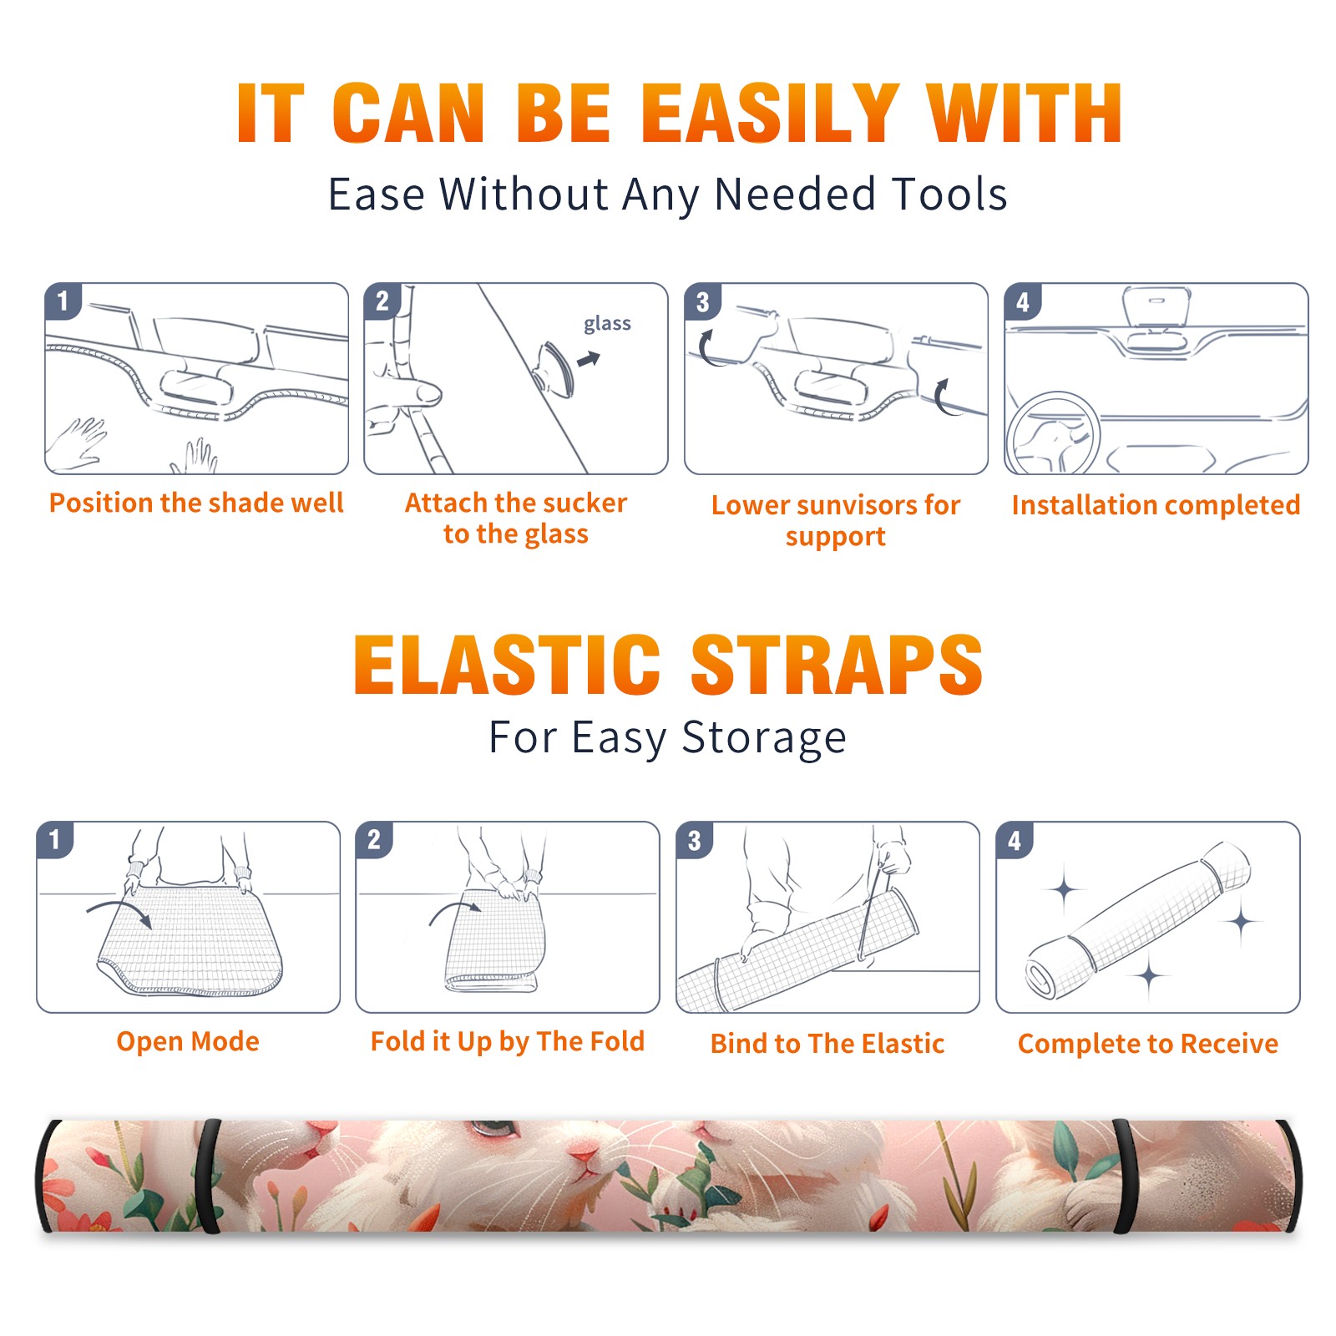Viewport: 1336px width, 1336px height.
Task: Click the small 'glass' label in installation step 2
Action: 607,324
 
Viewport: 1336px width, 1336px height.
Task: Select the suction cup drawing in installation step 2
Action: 554,368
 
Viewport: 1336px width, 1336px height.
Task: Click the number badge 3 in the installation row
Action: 702,301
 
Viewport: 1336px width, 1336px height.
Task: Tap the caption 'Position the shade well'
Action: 196,503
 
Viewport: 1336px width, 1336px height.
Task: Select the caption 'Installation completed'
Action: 1156,505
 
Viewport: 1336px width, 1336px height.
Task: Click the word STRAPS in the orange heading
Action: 837,665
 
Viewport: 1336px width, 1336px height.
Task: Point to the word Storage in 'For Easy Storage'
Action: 764,738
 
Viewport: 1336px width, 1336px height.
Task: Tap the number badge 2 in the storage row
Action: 374,840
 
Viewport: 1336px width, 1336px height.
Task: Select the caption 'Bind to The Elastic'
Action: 827,1044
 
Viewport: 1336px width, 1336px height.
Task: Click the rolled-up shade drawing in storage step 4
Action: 1137,920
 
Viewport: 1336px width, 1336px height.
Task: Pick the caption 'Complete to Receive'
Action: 1148,1044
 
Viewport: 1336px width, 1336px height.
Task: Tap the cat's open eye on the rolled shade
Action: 500,1129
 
